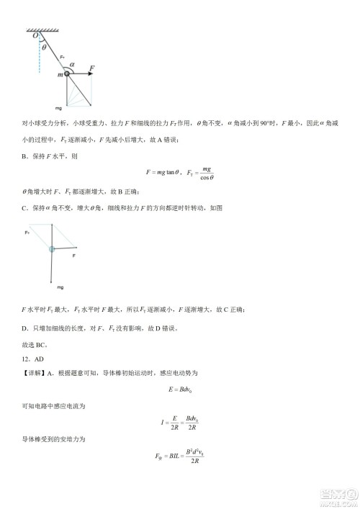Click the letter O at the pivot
pos(34,35)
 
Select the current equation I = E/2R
pos(179,423)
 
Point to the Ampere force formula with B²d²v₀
pos(180,456)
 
